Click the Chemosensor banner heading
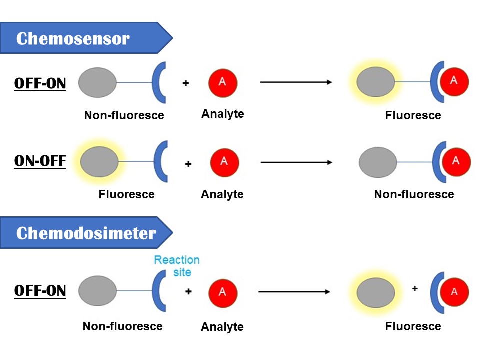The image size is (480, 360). pyautogui.click(x=73, y=38)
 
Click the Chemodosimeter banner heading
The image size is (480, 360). pyautogui.click(x=86, y=233)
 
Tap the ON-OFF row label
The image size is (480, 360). pyautogui.click(x=40, y=162)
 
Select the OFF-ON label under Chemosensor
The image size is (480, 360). pyautogui.click(x=40, y=83)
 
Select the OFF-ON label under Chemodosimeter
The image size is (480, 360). pyautogui.click(x=40, y=290)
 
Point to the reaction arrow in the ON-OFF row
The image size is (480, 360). pyautogui.click(x=296, y=162)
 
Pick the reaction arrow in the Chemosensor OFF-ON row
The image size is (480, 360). pyautogui.click(x=296, y=82)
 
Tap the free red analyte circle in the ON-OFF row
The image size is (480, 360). pyautogui.click(x=224, y=161)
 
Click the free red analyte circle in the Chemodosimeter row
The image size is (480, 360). pyautogui.click(x=223, y=292)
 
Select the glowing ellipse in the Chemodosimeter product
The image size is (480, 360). pyautogui.click(x=374, y=291)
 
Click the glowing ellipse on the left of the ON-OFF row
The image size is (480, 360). pyautogui.click(x=99, y=161)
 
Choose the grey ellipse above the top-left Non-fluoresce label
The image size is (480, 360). pyautogui.click(x=97, y=82)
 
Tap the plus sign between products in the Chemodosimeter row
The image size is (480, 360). pyautogui.click(x=414, y=288)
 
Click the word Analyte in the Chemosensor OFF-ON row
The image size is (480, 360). pyautogui.click(x=223, y=114)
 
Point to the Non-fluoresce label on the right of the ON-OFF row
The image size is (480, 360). pyautogui.click(x=414, y=194)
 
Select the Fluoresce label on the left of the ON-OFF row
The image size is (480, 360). pyautogui.click(x=126, y=194)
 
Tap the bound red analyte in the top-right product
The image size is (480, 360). pyautogui.click(x=454, y=82)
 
